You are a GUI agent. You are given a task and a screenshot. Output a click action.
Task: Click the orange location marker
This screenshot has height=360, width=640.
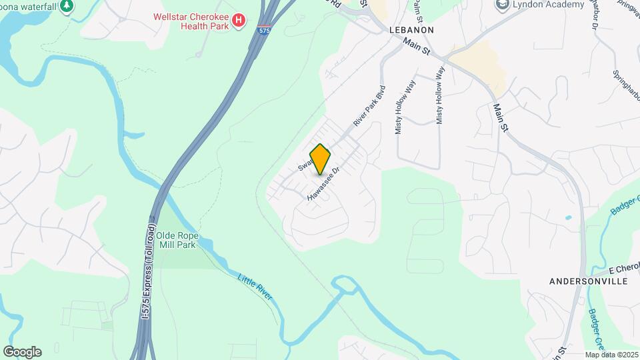click(x=321, y=159)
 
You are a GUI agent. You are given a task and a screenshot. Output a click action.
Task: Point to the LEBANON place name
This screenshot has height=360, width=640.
click(x=411, y=30)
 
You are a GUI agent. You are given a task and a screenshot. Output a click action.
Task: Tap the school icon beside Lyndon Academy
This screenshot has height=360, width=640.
click(x=502, y=5)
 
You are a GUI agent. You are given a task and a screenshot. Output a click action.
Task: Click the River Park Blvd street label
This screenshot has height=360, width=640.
click(x=370, y=105)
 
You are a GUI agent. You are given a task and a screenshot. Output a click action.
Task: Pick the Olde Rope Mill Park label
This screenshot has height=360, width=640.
click(x=177, y=240)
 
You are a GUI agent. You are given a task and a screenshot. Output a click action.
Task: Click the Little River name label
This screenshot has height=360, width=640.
click(x=255, y=285)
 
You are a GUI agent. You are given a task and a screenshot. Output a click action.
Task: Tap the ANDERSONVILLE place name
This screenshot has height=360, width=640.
click(x=588, y=282)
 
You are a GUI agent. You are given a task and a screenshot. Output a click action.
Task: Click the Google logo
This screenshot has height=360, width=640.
click(x=22, y=352)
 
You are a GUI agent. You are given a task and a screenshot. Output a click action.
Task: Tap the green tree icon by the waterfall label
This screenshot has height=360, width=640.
click(x=67, y=6)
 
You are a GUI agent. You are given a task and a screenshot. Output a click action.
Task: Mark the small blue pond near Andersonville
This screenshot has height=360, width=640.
click(x=567, y=218)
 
